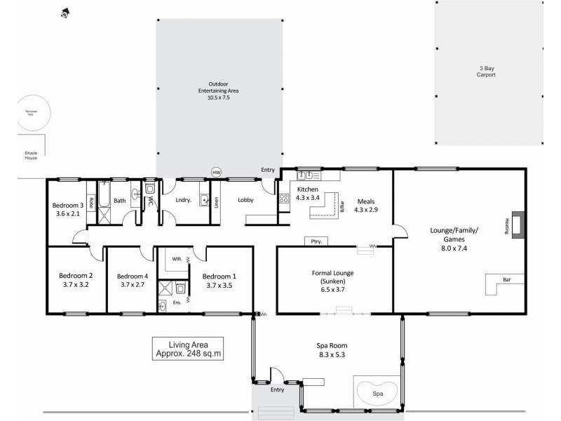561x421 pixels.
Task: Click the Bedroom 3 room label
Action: (69, 206)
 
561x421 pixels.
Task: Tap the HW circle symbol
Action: (216, 171)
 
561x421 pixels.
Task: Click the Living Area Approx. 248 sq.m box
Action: (188, 349)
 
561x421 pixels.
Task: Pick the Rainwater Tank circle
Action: (30, 114)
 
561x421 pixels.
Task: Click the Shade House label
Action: (30, 155)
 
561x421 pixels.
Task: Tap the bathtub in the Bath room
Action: (104, 200)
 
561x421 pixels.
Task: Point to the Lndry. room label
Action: (184, 201)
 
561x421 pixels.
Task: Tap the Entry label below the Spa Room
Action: (278, 390)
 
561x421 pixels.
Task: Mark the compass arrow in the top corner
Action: (65, 12)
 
